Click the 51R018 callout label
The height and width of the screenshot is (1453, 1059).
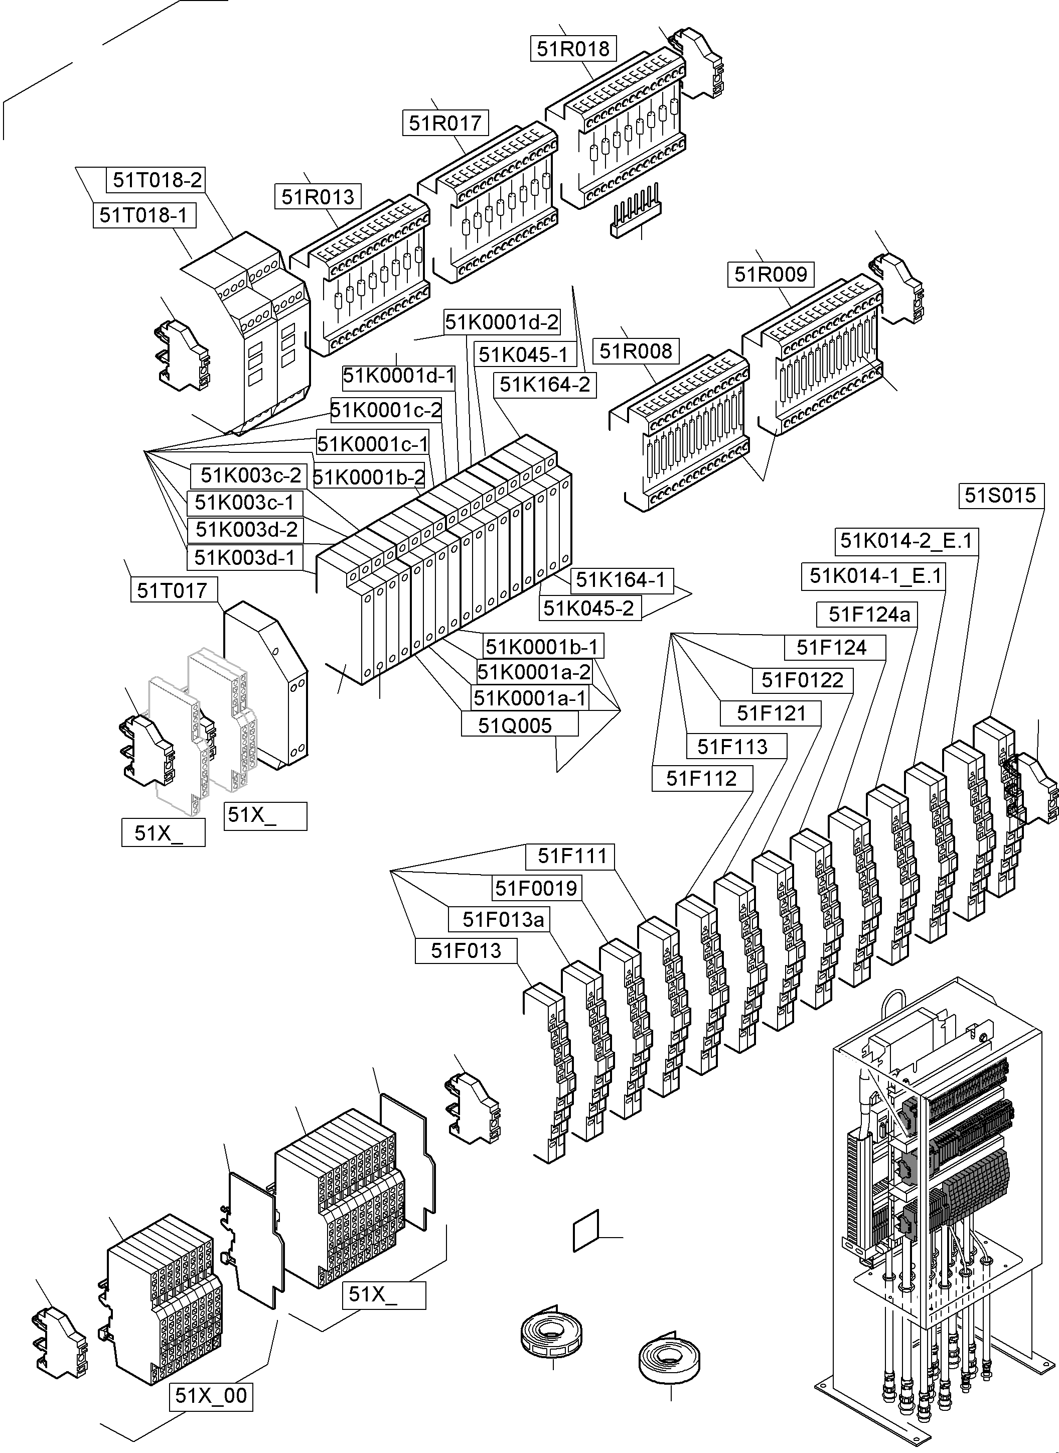tap(573, 49)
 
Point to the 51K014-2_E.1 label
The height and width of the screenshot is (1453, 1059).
tap(906, 541)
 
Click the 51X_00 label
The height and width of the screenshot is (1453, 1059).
tap(211, 1395)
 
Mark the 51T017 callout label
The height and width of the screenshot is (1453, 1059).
tap(173, 589)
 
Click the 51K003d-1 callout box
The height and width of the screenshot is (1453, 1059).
tap(245, 557)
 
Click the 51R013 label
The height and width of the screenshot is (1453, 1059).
tap(318, 196)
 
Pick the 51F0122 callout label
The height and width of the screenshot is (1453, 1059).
tap(803, 680)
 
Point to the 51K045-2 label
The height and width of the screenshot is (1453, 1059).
tap(589, 608)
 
